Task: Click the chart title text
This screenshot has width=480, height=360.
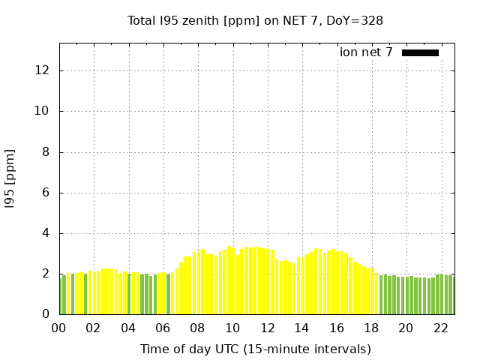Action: [x=255, y=20]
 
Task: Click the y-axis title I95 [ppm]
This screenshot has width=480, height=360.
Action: [x=10, y=178]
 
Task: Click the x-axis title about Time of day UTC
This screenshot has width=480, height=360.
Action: [x=255, y=349]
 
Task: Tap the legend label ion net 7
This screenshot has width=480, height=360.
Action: [x=365, y=52]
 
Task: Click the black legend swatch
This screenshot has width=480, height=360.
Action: [x=420, y=52]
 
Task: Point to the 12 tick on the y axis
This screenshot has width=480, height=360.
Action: [x=43, y=70]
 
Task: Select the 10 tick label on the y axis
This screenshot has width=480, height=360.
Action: [x=43, y=111]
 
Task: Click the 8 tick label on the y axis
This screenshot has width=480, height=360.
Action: [x=46, y=152]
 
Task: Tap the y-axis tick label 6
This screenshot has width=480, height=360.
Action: [x=46, y=193]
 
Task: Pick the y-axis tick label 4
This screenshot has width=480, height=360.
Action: [x=46, y=233]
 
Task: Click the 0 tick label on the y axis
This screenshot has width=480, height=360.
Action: [x=46, y=315]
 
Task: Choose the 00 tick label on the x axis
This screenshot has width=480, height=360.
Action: [x=59, y=328]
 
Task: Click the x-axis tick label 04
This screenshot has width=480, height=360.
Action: [x=128, y=328]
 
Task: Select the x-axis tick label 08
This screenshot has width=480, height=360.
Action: [x=198, y=328]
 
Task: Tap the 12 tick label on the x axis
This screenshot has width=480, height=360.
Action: [x=267, y=328]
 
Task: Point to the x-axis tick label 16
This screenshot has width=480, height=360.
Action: [x=337, y=328]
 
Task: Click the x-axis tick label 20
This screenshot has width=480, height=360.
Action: [x=406, y=328]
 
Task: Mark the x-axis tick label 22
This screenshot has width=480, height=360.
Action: [x=440, y=328]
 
